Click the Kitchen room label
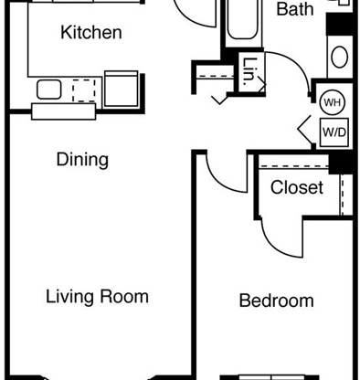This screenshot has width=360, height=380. pos(90,33)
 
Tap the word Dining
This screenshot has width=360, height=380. pos(82,160)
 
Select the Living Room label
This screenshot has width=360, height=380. pos(97,297)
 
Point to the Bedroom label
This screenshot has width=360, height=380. pos(276,301)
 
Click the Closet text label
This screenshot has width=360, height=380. pos(297,188)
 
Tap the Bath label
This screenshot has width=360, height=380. pos(294,10)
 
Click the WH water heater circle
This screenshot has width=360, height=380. pos(333,102)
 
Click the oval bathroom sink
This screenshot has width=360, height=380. pos(339,58)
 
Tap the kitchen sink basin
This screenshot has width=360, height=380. pos(49,89)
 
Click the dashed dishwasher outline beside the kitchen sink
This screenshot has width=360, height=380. pos(83,90)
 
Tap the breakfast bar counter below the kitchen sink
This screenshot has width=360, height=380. pos(63,111)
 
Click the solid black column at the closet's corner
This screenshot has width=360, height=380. pos(342,162)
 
